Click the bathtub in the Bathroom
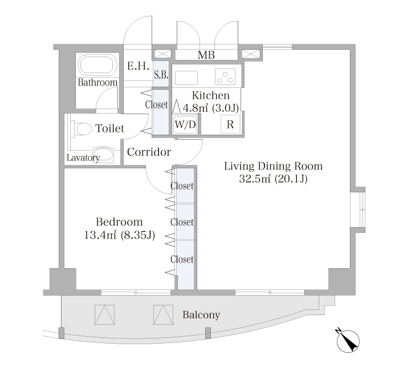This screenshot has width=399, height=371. [x=98, y=65]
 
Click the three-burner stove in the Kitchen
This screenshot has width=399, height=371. [x=225, y=76]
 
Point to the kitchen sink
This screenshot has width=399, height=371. [x=186, y=78]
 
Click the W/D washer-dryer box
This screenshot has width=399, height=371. [x=185, y=124]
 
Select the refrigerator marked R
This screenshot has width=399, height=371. [x=230, y=124]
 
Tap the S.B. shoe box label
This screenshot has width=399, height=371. [x=161, y=75]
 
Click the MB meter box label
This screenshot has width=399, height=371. [x=206, y=55]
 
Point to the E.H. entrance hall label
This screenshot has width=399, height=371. [x=138, y=66]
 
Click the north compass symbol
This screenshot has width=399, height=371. [x=347, y=341]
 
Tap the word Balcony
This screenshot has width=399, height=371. [x=201, y=315]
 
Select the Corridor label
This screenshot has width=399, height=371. [x=149, y=152]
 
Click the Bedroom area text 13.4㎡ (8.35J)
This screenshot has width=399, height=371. [x=120, y=235]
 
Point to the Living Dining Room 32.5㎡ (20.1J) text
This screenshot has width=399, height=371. [x=273, y=172]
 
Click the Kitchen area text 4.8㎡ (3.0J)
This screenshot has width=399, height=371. [x=211, y=108]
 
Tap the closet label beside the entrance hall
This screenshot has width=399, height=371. [x=157, y=104]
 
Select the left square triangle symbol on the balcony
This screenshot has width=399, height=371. [x=104, y=314]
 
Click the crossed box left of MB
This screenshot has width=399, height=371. [x=163, y=54]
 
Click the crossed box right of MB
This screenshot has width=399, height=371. [x=251, y=54]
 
